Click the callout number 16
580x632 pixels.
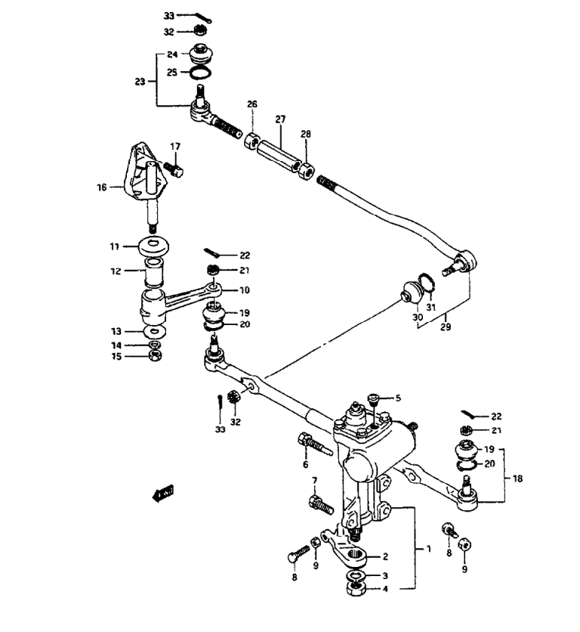point(101,187)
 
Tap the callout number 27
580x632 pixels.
point(280,119)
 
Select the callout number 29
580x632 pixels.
point(446,327)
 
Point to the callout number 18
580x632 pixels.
point(517,479)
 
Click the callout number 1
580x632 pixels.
point(428,549)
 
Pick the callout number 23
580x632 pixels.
point(140,82)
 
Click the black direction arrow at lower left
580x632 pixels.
point(162,493)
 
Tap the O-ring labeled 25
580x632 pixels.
point(200,73)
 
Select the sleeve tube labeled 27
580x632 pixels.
point(279,156)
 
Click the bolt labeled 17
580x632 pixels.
point(174,169)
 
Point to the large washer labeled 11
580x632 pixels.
point(153,246)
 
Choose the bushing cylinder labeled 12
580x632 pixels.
point(154,272)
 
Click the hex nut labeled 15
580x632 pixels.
point(155,355)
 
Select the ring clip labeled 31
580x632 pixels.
point(427,282)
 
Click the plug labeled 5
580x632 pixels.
point(373,400)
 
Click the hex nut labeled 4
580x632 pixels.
point(356,589)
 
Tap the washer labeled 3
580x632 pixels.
point(356,575)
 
